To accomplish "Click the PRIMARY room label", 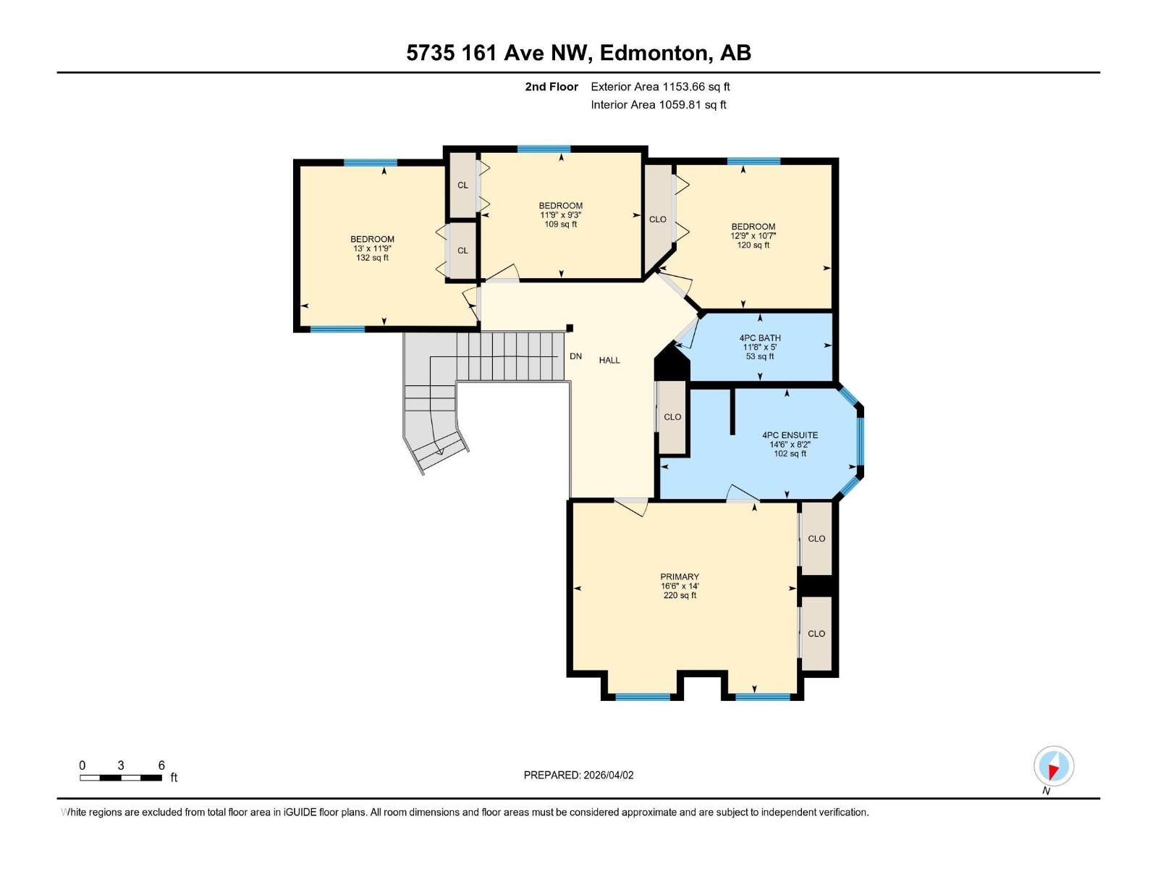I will (x=679, y=577).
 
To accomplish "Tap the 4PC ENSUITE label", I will (x=790, y=435).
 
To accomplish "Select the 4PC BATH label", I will (x=760, y=338).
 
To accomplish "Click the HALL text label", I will (x=609, y=360).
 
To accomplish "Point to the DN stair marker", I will (x=575, y=356).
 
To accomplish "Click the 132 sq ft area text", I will (x=372, y=258).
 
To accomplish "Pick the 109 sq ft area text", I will (x=560, y=224).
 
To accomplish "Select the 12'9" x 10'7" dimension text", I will (x=753, y=236).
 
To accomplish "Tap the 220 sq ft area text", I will (x=679, y=595).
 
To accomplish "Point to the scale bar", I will (x=121, y=778).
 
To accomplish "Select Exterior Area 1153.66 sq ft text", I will (x=660, y=87).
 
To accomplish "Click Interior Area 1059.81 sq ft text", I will (x=658, y=105).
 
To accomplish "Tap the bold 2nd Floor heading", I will (x=551, y=87).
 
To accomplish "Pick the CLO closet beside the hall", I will (x=672, y=417).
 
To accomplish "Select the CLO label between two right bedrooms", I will (x=657, y=219).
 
